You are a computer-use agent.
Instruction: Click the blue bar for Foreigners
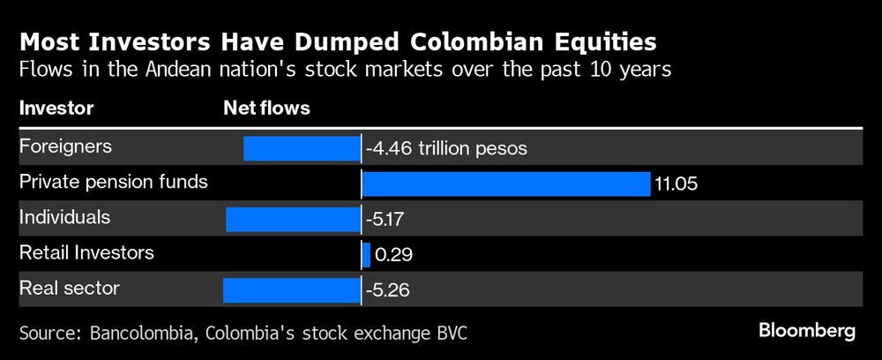pyautogui.click(x=302, y=148)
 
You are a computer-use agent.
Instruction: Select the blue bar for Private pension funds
pyautogui.click(x=505, y=184)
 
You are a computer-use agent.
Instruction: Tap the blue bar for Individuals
pyautogui.click(x=293, y=219)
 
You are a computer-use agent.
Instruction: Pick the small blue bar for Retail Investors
pyautogui.click(x=366, y=254)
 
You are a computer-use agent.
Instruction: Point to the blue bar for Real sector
pyautogui.click(x=292, y=289)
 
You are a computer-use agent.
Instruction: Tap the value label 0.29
pyautogui.click(x=393, y=254)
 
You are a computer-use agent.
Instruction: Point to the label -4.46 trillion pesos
pyautogui.click(x=446, y=148)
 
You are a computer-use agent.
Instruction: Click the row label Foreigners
pyautogui.click(x=65, y=146)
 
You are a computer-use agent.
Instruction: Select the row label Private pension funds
pyautogui.click(x=114, y=182)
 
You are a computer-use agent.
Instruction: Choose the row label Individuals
pyautogui.click(x=64, y=217)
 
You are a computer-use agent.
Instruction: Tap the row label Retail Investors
pyautogui.click(x=86, y=252)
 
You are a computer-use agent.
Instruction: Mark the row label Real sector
pyautogui.click(x=69, y=288)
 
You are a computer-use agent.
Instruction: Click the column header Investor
pyautogui.click(x=56, y=109)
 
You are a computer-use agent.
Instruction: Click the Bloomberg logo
pyautogui.click(x=807, y=331)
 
